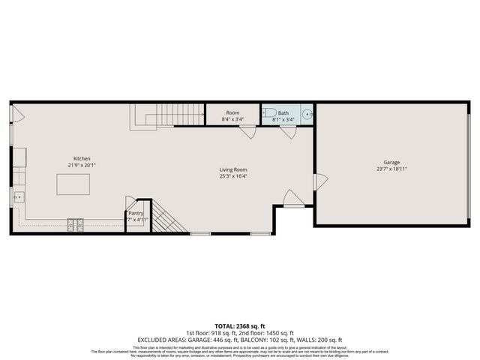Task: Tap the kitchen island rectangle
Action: tap(73, 184)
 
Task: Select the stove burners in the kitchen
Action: tap(76, 223)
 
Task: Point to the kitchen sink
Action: tap(19, 198)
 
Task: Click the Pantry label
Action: tap(136, 213)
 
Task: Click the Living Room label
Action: tap(234, 169)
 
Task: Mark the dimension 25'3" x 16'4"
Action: tap(234, 177)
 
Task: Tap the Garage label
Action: tap(391, 162)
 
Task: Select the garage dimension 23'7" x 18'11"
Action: tap(391, 169)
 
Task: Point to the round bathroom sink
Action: tap(307, 115)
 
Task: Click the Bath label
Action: tap(283, 112)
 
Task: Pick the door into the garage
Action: tap(320, 181)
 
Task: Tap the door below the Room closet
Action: tap(248, 132)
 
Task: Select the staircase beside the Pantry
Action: tap(169, 220)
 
